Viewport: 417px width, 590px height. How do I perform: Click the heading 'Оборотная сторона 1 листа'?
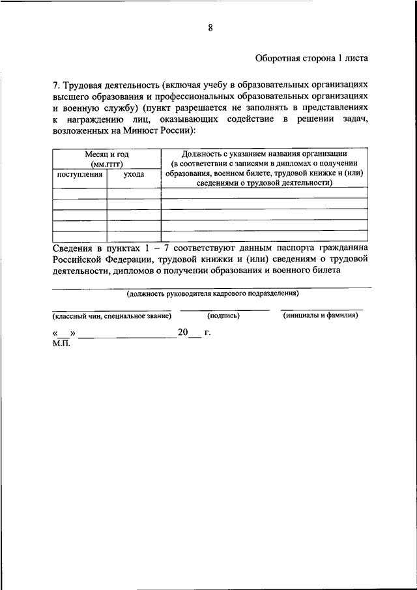311,57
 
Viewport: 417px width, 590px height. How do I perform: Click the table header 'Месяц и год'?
107,154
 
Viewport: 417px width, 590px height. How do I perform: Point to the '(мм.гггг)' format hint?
107,164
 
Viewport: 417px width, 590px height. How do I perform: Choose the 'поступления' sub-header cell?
79,175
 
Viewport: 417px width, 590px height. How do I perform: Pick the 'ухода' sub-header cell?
134,175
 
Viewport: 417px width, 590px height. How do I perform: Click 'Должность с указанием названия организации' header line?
264,153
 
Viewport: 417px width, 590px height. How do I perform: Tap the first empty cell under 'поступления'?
79,193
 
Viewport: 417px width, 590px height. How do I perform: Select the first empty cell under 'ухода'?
134,193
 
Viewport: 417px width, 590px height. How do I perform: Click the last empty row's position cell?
264,236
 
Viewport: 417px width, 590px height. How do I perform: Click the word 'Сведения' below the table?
72,248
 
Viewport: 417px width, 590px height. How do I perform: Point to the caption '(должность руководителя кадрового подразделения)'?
212,294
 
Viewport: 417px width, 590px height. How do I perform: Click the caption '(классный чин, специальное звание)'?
111,316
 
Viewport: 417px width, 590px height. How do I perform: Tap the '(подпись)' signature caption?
223,316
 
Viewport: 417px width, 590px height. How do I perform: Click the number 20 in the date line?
182,332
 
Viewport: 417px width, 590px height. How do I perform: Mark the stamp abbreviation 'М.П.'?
61,343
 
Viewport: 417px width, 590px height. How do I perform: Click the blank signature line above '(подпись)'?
223,309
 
